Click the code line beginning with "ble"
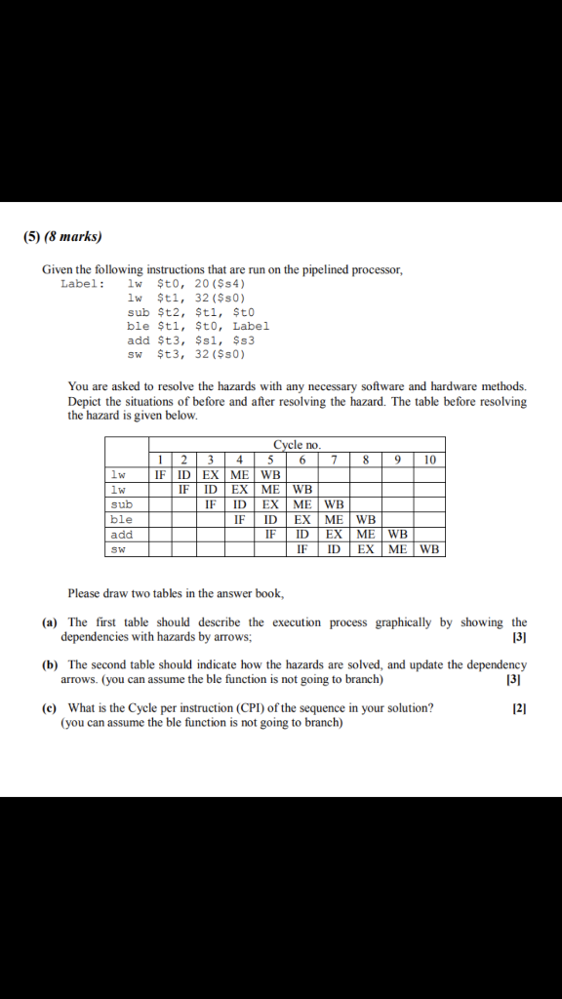198,326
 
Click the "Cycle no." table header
297,445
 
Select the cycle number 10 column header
430,460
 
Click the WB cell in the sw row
430,549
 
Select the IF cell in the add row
270,535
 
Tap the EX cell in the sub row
270,504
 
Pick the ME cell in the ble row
334,520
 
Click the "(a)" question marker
49,622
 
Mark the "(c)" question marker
49,708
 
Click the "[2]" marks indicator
519,708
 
